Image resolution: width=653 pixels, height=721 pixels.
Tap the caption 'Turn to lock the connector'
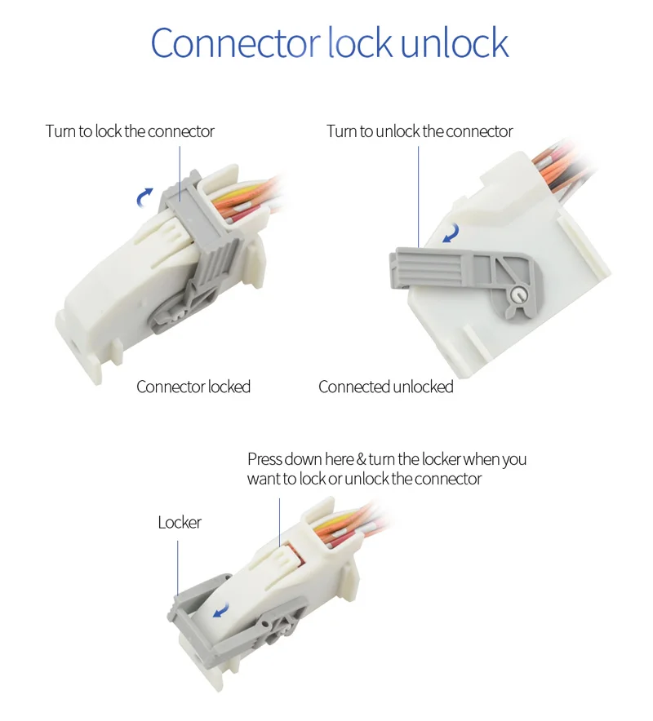point(130,131)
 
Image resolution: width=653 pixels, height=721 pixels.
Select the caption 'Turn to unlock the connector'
point(420,131)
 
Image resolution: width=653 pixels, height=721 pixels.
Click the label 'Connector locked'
point(193,387)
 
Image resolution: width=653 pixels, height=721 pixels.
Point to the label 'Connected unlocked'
point(386,387)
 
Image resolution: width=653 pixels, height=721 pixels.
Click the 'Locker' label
point(180,522)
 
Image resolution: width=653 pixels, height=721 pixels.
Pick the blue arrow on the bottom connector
point(219,612)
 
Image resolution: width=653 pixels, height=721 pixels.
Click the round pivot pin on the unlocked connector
point(516,295)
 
